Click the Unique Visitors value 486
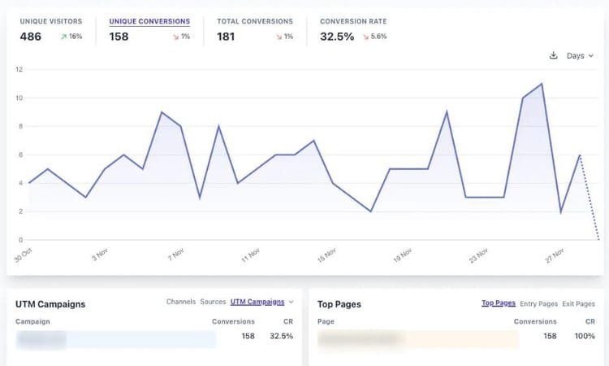[x=31, y=37]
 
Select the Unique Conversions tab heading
[x=149, y=21]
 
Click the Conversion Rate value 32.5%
[x=337, y=37]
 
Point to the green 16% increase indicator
[x=71, y=37]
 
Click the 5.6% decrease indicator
[x=374, y=37]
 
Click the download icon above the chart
[x=554, y=55]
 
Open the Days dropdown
[x=580, y=55]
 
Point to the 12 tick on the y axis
[x=19, y=70]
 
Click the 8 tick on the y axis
[x=19, y=127]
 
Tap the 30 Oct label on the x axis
[x=23, y=255]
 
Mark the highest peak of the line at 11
[x=542, y=84]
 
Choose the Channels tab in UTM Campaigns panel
[x=180, y=302]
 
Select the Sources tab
[x=213, y=302]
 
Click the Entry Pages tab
[x=539, y=303]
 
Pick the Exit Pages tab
[x=579, y=303]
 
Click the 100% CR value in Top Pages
[x=585, y=336]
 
